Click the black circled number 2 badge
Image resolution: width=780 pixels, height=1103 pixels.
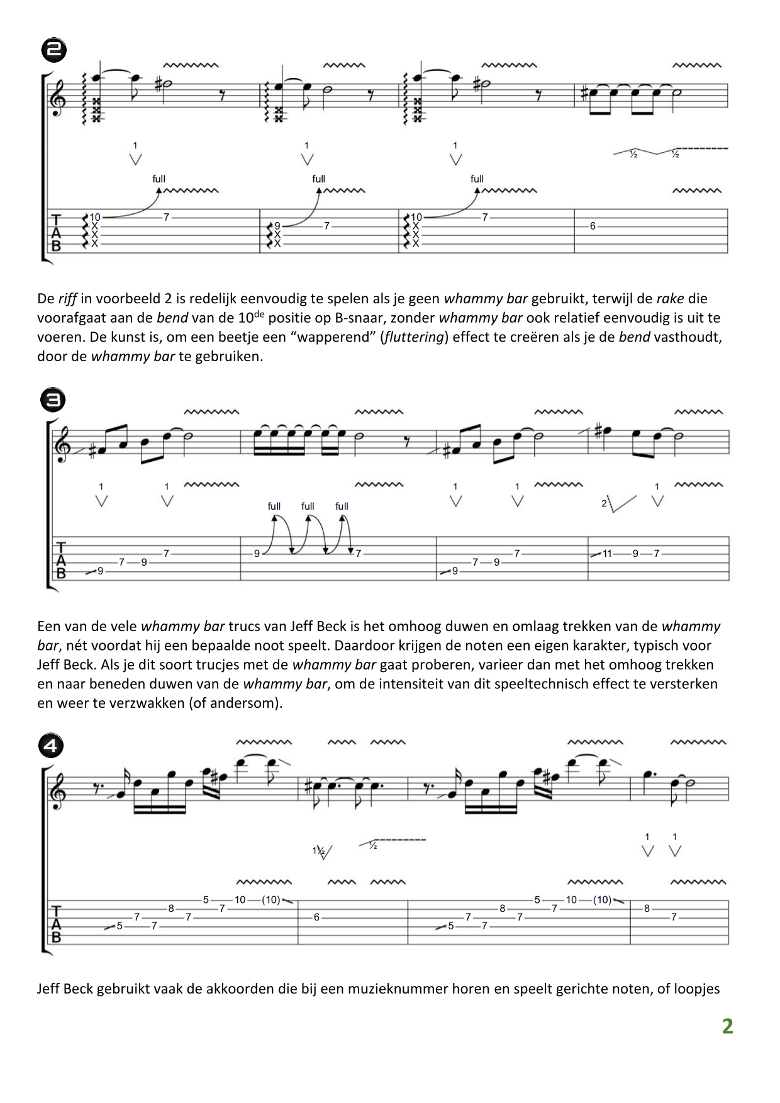tap(54, 50)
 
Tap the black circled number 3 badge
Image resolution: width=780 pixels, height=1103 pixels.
tap(53, 400)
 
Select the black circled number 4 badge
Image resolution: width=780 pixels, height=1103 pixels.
tap(51, 746)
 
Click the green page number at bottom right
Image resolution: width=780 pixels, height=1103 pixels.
tap(728, 1026)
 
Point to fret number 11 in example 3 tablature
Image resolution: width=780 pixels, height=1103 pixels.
tap(607, 554)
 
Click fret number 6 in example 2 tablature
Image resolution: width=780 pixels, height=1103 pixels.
tap(593, 226)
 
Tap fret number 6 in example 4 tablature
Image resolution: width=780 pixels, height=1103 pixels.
tap(316, 917)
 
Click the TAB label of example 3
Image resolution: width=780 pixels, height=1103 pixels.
tap(61, 561)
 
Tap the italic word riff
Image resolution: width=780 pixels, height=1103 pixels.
tap(67, 299)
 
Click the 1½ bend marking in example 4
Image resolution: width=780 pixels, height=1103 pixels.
tap(321, 851)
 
